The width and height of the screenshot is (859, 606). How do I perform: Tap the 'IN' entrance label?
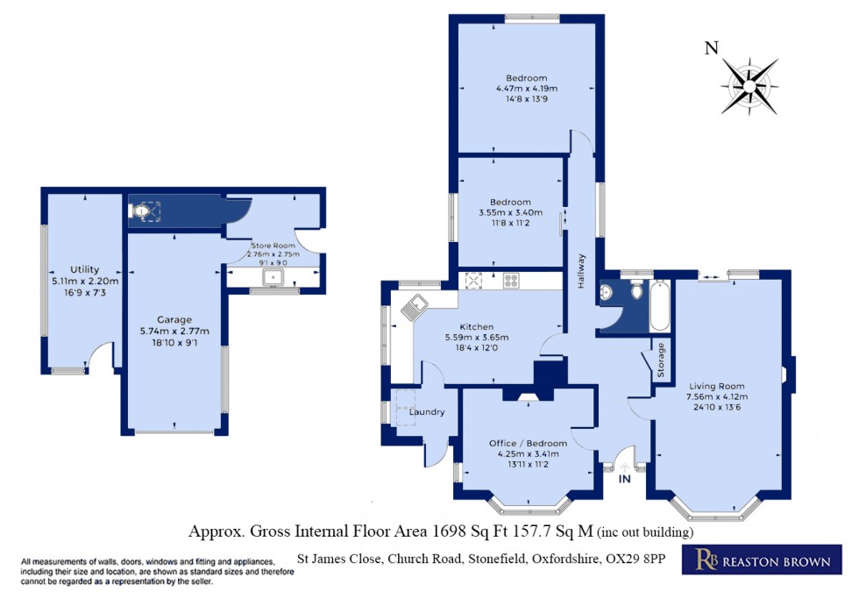point(625,480)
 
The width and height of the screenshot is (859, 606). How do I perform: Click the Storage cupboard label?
point(661,360)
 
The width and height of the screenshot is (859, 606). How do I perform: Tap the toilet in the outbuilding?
point(143,211)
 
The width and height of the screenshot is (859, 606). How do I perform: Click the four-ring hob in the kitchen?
point(510,282)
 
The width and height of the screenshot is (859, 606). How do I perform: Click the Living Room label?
point(716,386)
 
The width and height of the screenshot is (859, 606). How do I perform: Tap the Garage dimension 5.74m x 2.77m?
point(175,332)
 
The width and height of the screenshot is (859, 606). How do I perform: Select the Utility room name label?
point(85,269)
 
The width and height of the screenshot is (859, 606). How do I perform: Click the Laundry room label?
point(427,412)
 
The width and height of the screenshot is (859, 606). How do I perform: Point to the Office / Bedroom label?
point(528,443)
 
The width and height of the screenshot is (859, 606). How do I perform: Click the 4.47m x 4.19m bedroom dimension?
point(527,89)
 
